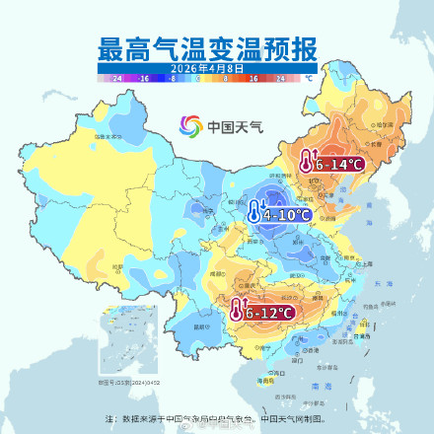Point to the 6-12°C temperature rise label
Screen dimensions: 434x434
click(x=269, y=313)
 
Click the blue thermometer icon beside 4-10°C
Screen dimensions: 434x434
click(x=254, y=211)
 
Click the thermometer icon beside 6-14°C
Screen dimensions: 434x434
click(x=308, y=161)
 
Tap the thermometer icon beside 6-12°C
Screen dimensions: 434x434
click(x=237, y=311)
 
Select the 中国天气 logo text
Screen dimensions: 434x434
click(x=229, y=126)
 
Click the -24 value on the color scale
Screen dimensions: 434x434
click(x=117, y=76)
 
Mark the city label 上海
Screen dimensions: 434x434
click(x=366, y=264)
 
